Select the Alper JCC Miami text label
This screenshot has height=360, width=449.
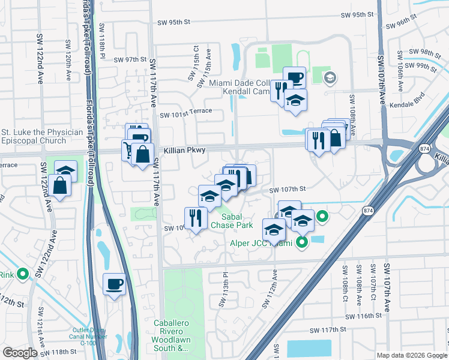click(x=261, y=243)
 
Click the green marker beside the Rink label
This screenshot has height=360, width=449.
click(x=23, y=274)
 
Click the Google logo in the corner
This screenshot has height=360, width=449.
click(x=20, y=353)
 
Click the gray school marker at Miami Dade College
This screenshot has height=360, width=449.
click(x=330, y=77)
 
